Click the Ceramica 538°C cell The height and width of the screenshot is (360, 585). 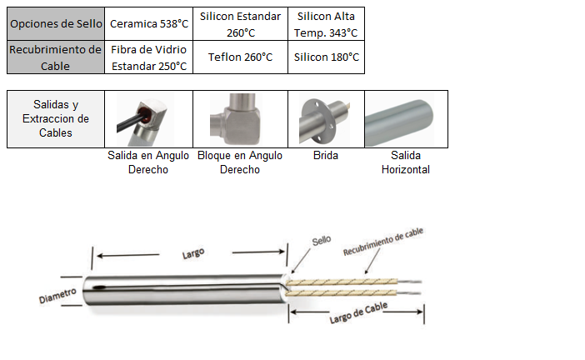pos(149,24)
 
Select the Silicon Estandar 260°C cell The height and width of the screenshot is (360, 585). pos(239,24)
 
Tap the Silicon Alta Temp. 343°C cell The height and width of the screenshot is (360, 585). pos(327,24)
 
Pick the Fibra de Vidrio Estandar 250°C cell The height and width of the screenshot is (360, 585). pos(149,57)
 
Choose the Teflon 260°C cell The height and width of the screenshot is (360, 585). pos(239,57)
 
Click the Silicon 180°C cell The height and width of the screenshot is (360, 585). pos(327,57)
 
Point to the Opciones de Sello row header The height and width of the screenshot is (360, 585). pos(56,24)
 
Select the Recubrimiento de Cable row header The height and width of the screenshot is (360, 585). pos(56,57)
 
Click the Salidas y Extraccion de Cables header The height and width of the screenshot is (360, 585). pos(56,118)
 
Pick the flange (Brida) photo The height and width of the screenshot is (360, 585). pos(327,118)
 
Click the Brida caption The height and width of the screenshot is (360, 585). pos(326,156)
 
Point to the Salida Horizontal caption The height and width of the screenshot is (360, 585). pos(405,162)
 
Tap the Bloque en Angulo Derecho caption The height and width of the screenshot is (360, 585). pos(240,162)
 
